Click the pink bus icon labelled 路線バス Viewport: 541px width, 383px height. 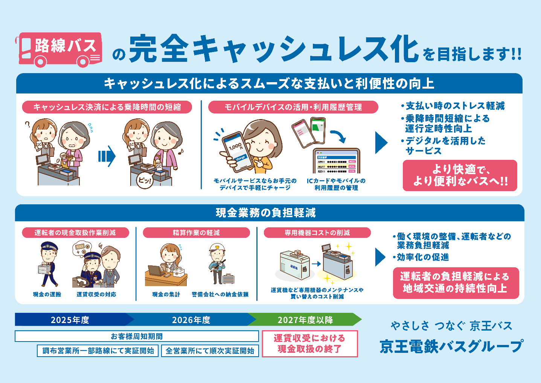59,49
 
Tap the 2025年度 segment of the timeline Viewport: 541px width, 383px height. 70,320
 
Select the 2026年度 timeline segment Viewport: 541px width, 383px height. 191,320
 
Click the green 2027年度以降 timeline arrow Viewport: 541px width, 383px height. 305,320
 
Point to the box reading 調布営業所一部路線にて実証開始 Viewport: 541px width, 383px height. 98,351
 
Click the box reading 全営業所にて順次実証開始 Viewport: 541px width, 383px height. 210,351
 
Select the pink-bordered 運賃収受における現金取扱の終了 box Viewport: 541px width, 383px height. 309,343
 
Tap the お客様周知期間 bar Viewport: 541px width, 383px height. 137,336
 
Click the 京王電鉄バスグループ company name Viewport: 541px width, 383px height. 451,346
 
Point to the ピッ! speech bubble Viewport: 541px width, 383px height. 145,181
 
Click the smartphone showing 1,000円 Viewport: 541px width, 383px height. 236,151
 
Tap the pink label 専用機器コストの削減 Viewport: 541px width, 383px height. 317,233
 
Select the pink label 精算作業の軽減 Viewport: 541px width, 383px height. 196,233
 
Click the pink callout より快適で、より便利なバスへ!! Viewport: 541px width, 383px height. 460,175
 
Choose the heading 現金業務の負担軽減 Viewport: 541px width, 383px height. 266,213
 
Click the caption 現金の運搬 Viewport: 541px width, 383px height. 47,294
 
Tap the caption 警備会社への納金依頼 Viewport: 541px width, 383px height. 220,294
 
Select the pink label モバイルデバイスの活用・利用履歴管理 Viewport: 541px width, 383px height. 293,107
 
